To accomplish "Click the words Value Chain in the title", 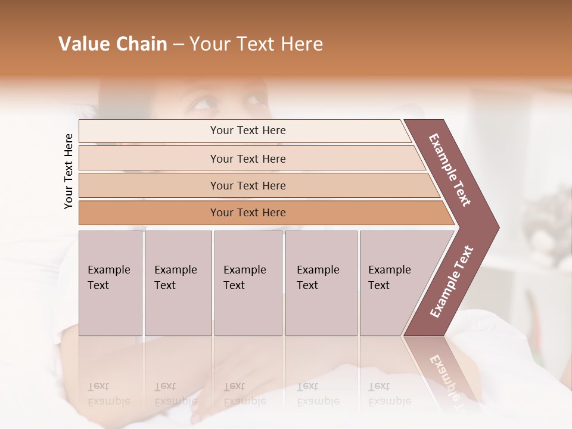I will [x=113, y=44].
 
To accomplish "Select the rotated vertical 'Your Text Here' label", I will [x=69, y=171].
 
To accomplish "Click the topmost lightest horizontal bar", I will [x=247, y=130].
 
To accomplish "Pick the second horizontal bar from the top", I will [x=247, y=158].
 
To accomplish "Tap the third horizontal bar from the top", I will [x=247, y=185].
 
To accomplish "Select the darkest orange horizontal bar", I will [x=247, y=213].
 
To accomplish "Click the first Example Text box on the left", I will [x=110, y=282].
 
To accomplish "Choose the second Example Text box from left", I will [x=178, y=282].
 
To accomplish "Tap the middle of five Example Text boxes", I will [x=248, y=282].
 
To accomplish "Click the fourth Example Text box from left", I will [x=321, y=282].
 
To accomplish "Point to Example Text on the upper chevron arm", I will [x=450, y=170].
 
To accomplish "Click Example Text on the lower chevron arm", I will [x=451, y=281].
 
